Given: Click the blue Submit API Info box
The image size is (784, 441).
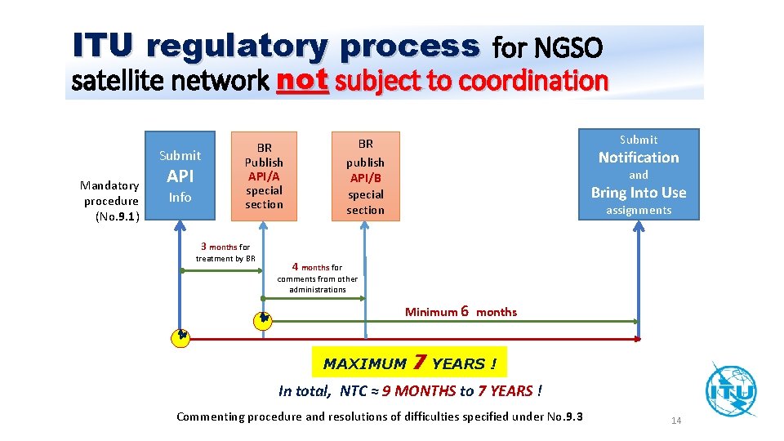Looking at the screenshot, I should (x=180, y=176).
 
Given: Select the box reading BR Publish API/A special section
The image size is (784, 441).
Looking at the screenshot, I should (x=264, y=176).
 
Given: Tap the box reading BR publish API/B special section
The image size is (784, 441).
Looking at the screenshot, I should (x=365, y=176).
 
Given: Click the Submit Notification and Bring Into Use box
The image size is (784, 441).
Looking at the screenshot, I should (x=639, y=174).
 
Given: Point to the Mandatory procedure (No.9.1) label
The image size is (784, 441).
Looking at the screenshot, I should (x=111, y=201).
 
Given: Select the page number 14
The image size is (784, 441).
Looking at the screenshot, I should (x=676, y=421).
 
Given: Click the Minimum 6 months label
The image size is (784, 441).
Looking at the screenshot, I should (x=461, y=311).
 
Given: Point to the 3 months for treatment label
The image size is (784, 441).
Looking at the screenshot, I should (x=225, y=252).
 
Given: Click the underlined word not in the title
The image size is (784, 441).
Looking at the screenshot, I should (x=302, y=80).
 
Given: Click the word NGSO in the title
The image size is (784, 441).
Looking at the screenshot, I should (x=568, y=50).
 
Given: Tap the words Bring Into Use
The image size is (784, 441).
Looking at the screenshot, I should (x=639, y=193).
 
